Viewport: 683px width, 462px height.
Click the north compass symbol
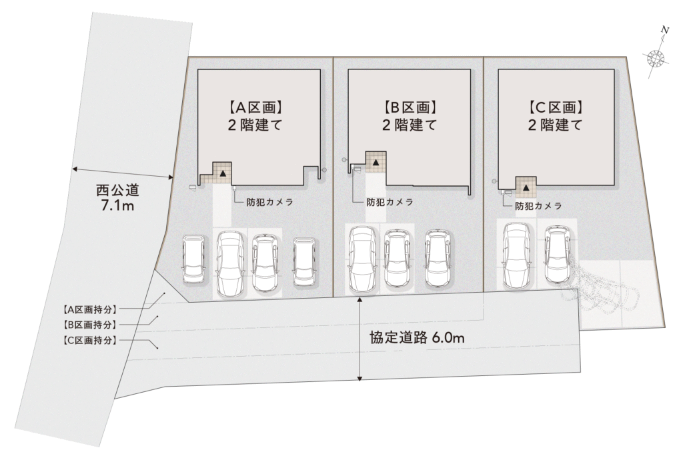pos(657,58)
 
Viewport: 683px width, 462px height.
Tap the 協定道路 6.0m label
pos(417,338)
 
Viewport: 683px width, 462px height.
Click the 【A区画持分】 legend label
pos(87,309)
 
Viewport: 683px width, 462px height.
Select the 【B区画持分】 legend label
pos(87,325)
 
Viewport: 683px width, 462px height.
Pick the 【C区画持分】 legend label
pos(87,340)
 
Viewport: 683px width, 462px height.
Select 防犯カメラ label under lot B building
pos(390,202)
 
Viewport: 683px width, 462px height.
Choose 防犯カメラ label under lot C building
pos(538,207)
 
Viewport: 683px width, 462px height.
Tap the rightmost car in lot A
pos(303,262)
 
